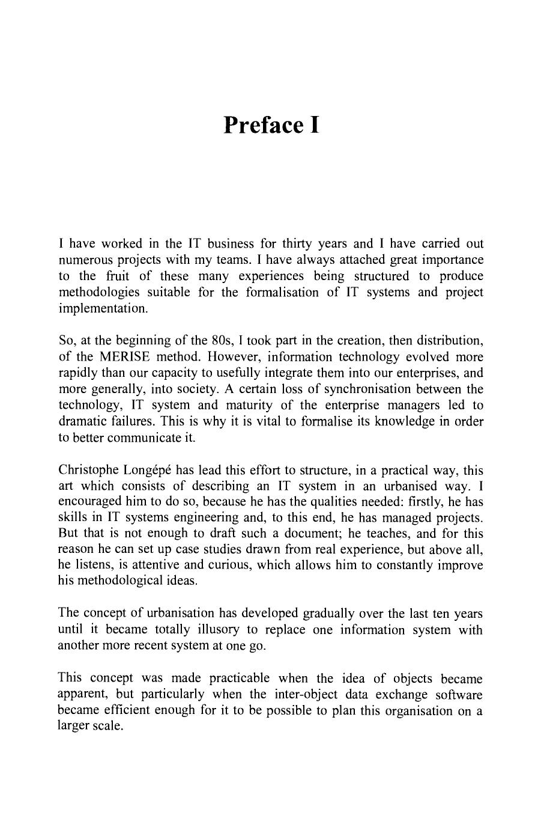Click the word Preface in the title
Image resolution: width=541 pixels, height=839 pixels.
pos(261,124)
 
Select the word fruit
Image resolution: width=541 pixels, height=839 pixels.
pos(118,276)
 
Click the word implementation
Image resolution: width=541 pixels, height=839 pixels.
pos(102,308)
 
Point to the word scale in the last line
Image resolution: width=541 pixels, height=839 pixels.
pos(105,726)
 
